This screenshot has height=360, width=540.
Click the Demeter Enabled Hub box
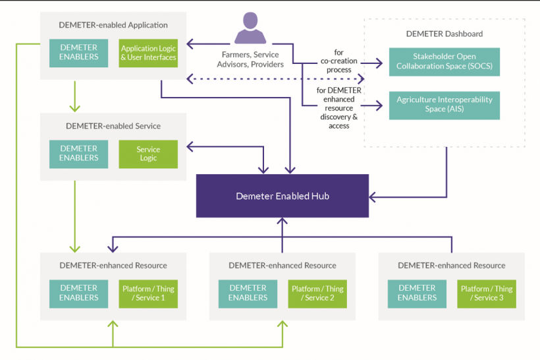(x=282, y=196)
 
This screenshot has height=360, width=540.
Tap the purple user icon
(x=250, y=30)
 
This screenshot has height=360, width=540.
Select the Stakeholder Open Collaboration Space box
(x=444, y=62)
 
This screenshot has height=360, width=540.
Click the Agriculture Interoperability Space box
(x=444, y=105)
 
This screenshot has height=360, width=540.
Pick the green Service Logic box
(x=148, y=154)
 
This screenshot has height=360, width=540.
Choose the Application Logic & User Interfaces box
(x=148, y=53)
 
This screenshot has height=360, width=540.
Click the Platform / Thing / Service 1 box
(x=148, y=293)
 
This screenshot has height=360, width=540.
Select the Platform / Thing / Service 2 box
(x=317, y=293)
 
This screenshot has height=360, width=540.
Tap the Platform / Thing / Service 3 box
(x=487, y=293)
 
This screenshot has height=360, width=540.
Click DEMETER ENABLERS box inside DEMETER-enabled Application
(x=78, y=53)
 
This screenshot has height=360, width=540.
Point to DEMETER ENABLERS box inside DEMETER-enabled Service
(x=78, y=154)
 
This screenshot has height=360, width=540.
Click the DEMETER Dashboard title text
(x=445, y=34)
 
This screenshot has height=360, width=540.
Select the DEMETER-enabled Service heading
(x=113, y=126)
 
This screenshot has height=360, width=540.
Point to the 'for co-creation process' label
(x=338, y=61)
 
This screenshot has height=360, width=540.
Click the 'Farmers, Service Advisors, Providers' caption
(x=250, y=59)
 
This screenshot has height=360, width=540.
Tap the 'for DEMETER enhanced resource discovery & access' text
(x=339, y=107)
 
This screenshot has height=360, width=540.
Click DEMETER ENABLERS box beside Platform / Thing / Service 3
(x=417, y=293)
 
